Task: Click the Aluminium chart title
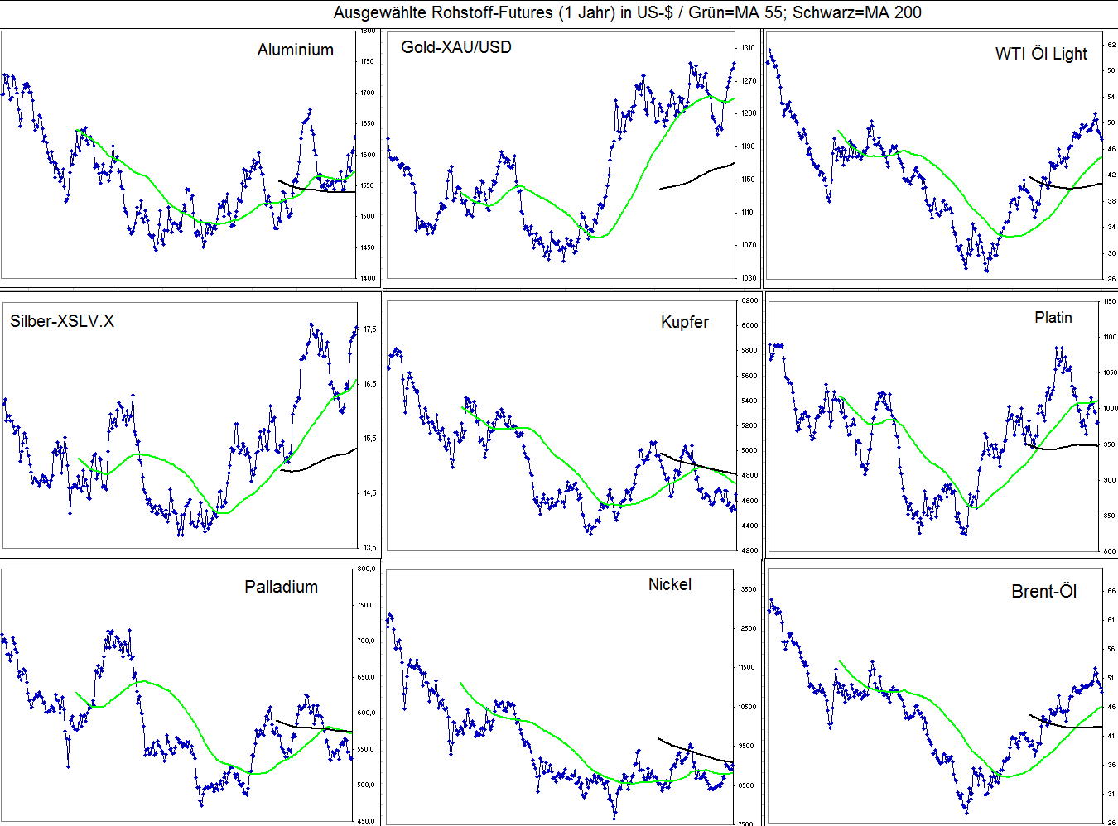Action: (x=295, y=50)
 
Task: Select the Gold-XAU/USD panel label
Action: (x=455, y=47)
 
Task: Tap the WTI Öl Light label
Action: (x=1041, y=54)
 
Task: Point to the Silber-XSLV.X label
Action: (x=62, y=321)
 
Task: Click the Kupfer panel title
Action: (x=685, y=322)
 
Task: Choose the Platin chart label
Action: (x=1053, y=317)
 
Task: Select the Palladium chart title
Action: (x=281, y=587)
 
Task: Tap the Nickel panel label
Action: (x=669, y=584)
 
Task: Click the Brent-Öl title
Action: (x=1043, y=591)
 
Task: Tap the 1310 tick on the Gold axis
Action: (x=748, y=48)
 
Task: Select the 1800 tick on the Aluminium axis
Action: (x=368, y=31)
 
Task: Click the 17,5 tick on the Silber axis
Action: (x=369, y=329)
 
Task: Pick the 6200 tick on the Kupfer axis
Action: (x=749, y=300)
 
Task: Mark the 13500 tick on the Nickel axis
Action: (x=748, y=589)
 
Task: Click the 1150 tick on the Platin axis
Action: (x=1109, y=302)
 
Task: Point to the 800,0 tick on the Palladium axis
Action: (x=366, y=569)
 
